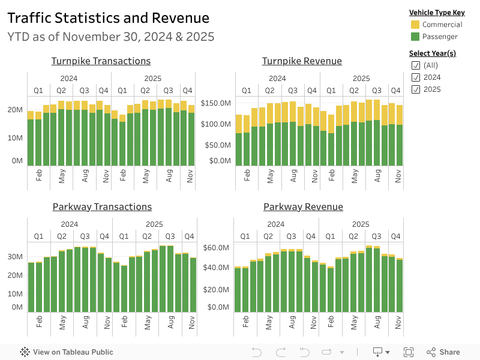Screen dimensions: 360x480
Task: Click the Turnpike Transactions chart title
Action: pyautogui.click(x=101, y=61)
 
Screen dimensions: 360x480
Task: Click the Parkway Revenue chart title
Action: pyautogui.click(x=303, y=207)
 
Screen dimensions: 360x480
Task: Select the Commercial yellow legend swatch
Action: pyautogui.click(x=415, y=25)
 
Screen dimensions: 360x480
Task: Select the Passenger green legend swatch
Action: pyautogui.click(x=415, y=37)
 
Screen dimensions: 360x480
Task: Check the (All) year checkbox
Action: pyautogui.click(x=415, y=65)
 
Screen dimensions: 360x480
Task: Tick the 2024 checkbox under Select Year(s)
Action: pyautogui.click(x=415, y=77)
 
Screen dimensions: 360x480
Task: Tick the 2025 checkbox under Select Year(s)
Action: pyautogui.click(x=415, y=89)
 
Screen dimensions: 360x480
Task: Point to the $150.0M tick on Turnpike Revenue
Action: pyautogui.click(x=216, y=103)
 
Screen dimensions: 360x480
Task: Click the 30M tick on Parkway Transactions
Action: pyautogui.click(x=16, y=257)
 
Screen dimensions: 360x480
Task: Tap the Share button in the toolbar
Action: pyautogui.click(x=443, y=352)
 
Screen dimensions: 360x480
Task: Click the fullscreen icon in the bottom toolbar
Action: pyautogui.click(x=409, y=352)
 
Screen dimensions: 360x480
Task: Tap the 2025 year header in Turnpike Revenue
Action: pyautogui.click(x=361, y=79)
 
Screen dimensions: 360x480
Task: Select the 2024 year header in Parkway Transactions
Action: pyautogui.click(x=70, y=224)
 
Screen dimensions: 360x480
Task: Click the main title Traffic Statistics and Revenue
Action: pyautogui.click(x=109, y=18)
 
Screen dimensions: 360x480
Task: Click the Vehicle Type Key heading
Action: pyautogui.click(x=436, y=13)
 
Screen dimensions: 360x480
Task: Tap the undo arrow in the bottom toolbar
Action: pyautogui.click(x=257, y=352)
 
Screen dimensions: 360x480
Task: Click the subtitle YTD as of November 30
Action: pyautogui.click(x=111, y=37)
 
